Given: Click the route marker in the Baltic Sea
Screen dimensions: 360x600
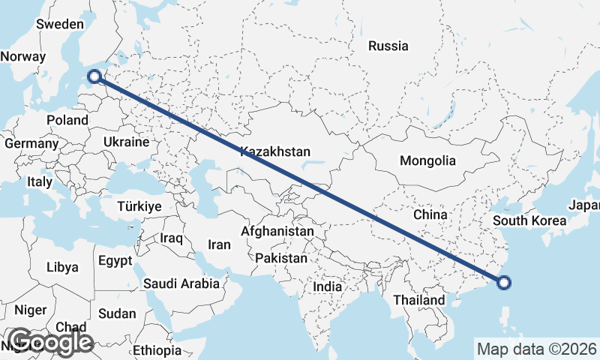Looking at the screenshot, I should click(94, 75).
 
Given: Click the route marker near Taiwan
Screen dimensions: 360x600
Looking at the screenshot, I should click(504, 283).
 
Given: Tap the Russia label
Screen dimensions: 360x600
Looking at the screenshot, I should click(388, 46).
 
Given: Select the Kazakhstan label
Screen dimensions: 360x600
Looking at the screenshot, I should click(275, 151).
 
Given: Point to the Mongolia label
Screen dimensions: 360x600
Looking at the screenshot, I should click(427, 160).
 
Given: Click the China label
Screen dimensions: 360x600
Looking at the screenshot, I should click(430, 214).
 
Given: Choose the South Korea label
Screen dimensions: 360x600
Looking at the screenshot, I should click(529, 221).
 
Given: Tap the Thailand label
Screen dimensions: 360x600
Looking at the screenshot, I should click(419, 300).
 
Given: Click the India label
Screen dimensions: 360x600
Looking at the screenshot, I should click(327, 286).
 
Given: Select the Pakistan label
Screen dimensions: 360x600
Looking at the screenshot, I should click(281, 258).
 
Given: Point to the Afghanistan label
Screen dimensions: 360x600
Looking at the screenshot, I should click(277, 232).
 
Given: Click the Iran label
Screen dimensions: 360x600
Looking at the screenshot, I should click(219, 244).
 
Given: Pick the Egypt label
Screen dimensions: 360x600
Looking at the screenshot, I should click(115, 261).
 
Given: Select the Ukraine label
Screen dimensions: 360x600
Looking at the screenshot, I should click(126, 142).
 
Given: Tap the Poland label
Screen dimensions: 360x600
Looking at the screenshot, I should click(67, 120).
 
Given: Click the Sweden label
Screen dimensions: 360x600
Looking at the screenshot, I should click(59, 24).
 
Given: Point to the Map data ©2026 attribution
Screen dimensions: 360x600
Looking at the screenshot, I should click(537, 349).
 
